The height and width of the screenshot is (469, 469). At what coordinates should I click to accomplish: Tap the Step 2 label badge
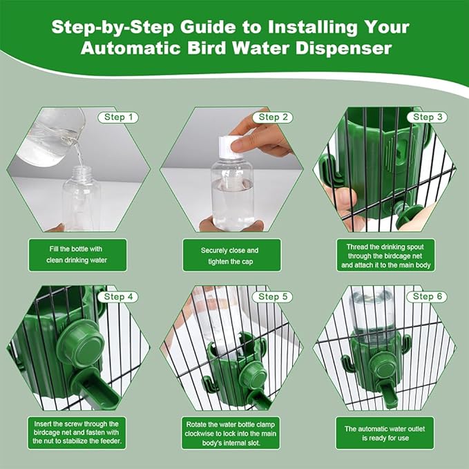point(269,117)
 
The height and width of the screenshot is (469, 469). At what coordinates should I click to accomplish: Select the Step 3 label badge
point(423,117)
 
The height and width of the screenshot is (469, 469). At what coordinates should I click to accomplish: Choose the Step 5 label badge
point(269,296)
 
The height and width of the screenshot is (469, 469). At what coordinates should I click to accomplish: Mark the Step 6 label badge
point(423,296)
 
